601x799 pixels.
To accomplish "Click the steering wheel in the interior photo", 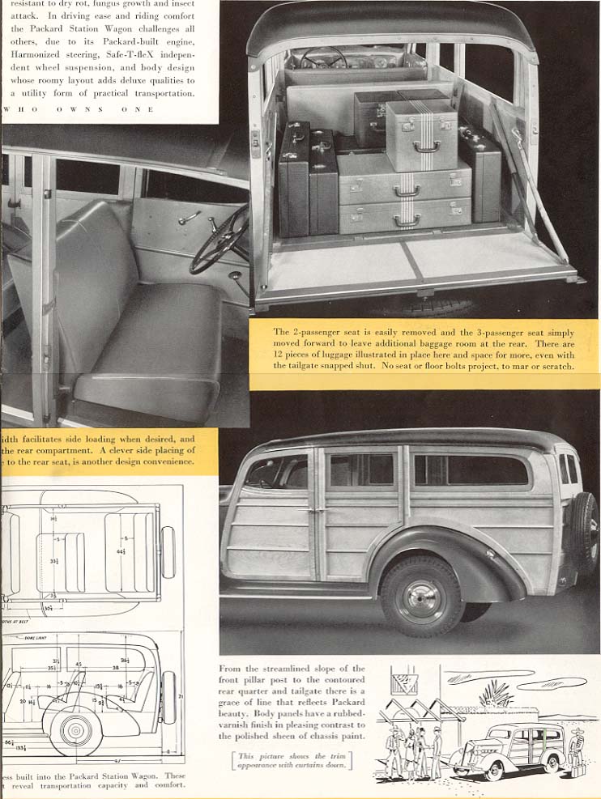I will point(220,240).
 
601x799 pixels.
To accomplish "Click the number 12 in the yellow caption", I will point(279,355).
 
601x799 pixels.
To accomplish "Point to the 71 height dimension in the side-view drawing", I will point(179,695).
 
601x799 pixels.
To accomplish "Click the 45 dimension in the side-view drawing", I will point(79,665).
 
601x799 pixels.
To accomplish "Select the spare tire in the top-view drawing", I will point(168,552).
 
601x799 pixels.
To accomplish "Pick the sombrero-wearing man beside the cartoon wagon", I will point(576,750).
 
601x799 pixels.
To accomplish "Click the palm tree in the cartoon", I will point(495,693).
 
